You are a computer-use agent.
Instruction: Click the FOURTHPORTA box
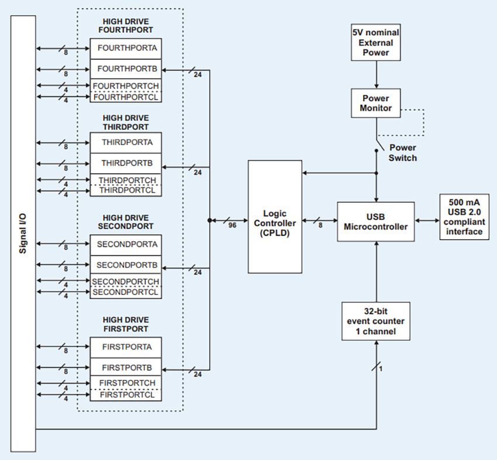tap(126, 47)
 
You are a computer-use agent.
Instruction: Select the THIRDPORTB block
tap(126, 163)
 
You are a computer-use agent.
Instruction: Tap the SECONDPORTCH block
tap(126, 282)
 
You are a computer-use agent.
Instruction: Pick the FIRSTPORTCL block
tap(126, 395)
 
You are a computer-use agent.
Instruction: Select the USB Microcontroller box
tap(375, 221)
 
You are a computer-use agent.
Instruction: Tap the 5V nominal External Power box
tap(376, 43)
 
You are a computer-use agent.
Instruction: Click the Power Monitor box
tap(376, 103)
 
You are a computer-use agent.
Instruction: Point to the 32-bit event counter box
tap(376, 321)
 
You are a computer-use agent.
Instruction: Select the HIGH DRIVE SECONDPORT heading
tap(126, 222)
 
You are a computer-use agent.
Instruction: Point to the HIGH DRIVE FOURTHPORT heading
tap(126, 25)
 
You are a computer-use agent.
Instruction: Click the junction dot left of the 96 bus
tap(209, 221)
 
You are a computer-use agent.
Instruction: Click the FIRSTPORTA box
tap(126, 347)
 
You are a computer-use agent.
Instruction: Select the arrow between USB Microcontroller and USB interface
tap(427, 221)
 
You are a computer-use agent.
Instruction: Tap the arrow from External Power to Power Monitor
tap(376, 74)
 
